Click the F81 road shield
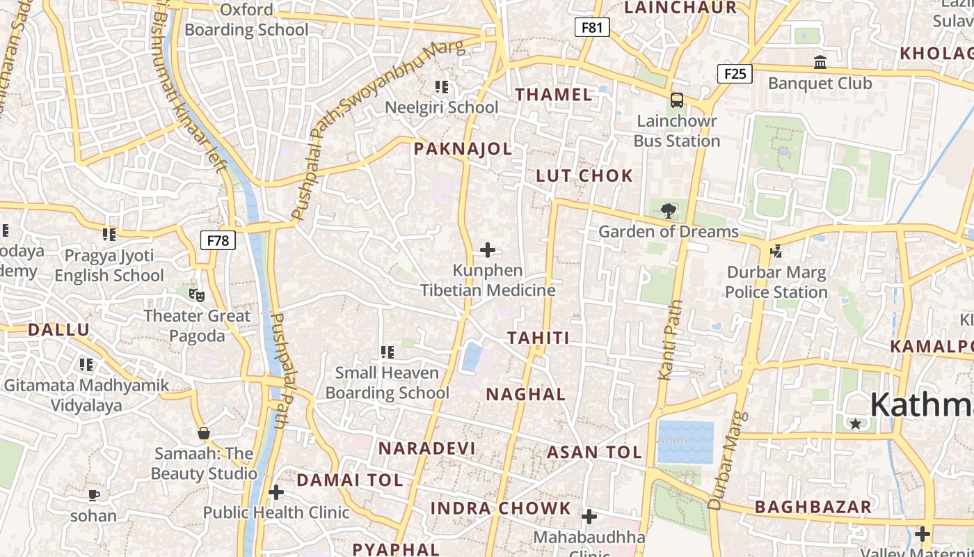[x=592, y=27]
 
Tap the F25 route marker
[x=735, y=73]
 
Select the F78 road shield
[x=218, y=240]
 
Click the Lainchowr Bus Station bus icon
[x=676, y=100]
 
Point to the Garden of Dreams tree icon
[x=668, y=210]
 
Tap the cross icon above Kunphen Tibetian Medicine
[x=488, y=249]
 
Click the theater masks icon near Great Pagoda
[x=198, y=295]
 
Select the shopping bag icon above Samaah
[x=204, y=433]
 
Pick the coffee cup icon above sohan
[x=94, y=495]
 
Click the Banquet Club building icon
[x=820, y=63]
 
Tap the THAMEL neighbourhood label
[x=554, y=95]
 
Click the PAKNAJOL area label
[x=463, y=148]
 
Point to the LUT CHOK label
[x=584, y=175]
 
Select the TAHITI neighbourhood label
[x=538, y=338]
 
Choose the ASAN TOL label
[x=594, y=452]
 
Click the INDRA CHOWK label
[x=500, y=508]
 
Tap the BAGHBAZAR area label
[x=813, y=507]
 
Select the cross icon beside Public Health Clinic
[x=276, y=492]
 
